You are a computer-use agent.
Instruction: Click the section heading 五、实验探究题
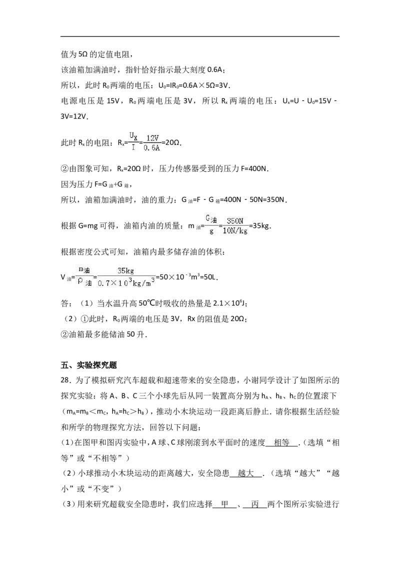click(x=89, y=365)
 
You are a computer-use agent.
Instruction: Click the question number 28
click(x=65, y=380)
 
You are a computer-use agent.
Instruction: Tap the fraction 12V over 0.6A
click(x=152, y=143)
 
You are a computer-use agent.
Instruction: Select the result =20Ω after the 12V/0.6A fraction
click(x=171, y=143)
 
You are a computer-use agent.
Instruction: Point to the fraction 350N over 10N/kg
click(x=235, y=226)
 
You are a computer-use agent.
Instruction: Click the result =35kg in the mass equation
click(x=260, y=226)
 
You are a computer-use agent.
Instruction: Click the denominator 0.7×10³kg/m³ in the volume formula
click(x=126, y=283)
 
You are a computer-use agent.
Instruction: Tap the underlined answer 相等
click(x=281, y=442)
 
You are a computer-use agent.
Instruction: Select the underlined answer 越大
click(x=246, y=473)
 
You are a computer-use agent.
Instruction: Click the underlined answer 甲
click(x=224, y=504)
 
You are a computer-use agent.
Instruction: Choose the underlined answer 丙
click(x=255, y=504)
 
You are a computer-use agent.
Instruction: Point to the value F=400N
click(x=254, y=168)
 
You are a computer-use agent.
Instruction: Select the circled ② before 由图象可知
click(x=64, y=168)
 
